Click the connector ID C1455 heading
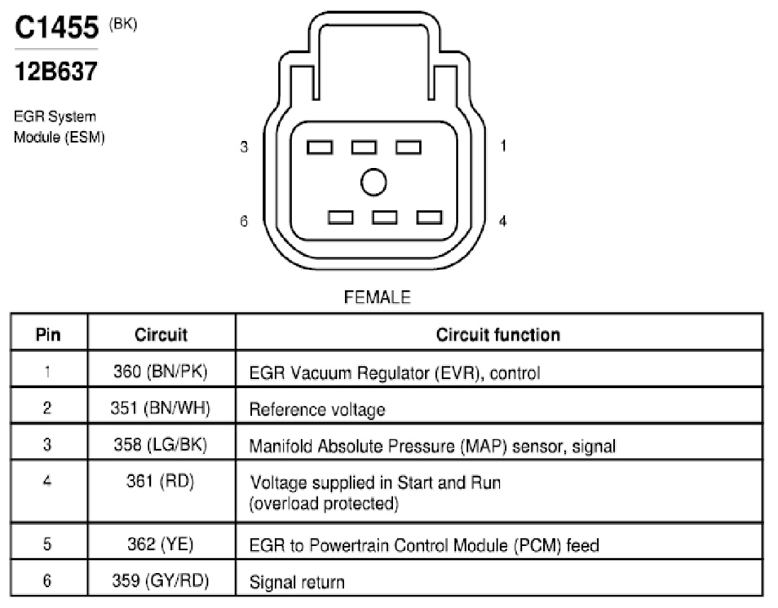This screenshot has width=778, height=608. point(56,27)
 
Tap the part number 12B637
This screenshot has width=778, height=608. point(56,72)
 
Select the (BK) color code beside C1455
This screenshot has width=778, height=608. point(123,24)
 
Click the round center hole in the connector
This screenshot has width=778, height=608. point(374,182)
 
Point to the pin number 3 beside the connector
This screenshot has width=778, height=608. point(244,147)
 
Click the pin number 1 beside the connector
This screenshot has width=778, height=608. point(503,146)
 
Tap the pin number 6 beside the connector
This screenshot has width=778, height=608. point(244,221)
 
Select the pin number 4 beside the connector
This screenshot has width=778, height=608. point(502,221)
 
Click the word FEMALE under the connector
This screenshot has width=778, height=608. point(377,297)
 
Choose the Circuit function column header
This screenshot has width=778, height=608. point(498,335)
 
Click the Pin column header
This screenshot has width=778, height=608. point(48,335)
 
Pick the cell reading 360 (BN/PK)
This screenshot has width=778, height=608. point(161,371)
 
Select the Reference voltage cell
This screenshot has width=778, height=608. point(317,409)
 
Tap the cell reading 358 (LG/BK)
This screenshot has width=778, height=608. point(161,444)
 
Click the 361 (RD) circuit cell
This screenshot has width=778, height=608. point(161,481)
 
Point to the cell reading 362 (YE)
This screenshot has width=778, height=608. point(161,544)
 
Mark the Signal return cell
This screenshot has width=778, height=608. point(297,582)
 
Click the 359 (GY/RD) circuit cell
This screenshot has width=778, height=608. point(161,580)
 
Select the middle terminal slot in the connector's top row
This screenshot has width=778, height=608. point(364,148)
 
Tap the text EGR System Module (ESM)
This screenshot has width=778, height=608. point(59,126)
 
